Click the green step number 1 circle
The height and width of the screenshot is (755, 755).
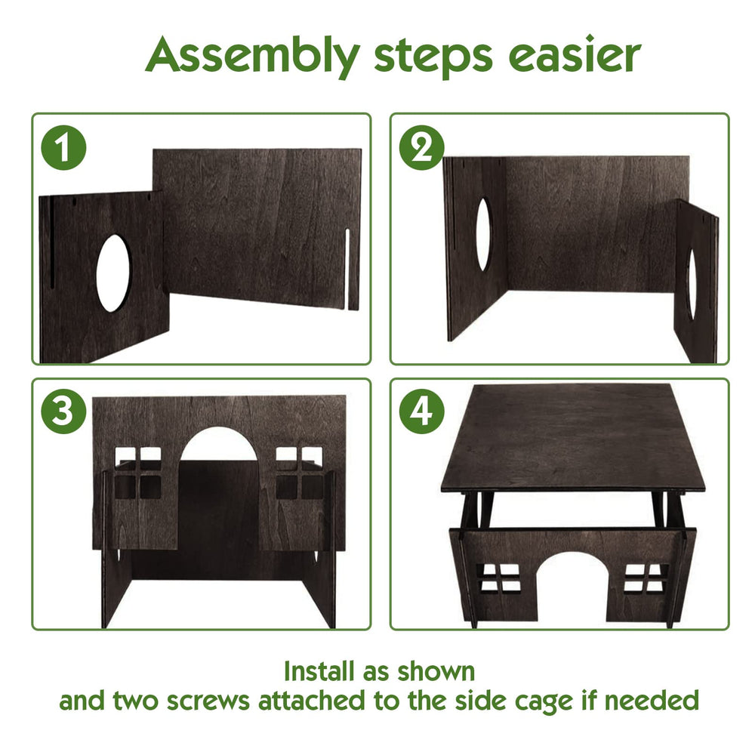tap(63, 147)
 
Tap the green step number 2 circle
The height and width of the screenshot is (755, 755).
tap(422, 147)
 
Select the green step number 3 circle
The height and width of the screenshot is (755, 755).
tap(63, 411)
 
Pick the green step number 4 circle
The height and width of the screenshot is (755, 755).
tap(422, 411)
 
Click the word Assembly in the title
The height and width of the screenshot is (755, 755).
tap(252, 56)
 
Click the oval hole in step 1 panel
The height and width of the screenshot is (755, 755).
tap(113, 273)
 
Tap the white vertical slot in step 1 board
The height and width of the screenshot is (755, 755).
tap(347, 270)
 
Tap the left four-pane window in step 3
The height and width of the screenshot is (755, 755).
tap(137, 473)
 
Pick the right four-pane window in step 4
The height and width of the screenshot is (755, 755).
tap(646, 578)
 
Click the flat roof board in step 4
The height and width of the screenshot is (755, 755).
tap(573, 437)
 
